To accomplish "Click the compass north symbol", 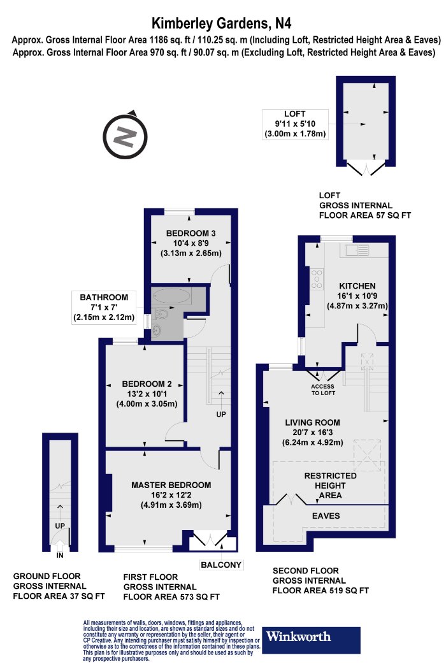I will (127, 135).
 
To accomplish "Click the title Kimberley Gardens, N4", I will (222, 25).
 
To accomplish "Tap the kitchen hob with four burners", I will (315, 278).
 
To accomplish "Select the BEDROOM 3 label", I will (190, 232).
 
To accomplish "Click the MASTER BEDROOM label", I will (171, 485).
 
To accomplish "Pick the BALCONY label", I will (221, 565).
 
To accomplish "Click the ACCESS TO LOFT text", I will (322, 389).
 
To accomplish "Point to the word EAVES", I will (325, 515).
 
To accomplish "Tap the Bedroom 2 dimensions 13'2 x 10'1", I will (147, 394).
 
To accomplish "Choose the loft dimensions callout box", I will (295, 124).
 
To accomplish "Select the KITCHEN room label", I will (357, 285).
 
